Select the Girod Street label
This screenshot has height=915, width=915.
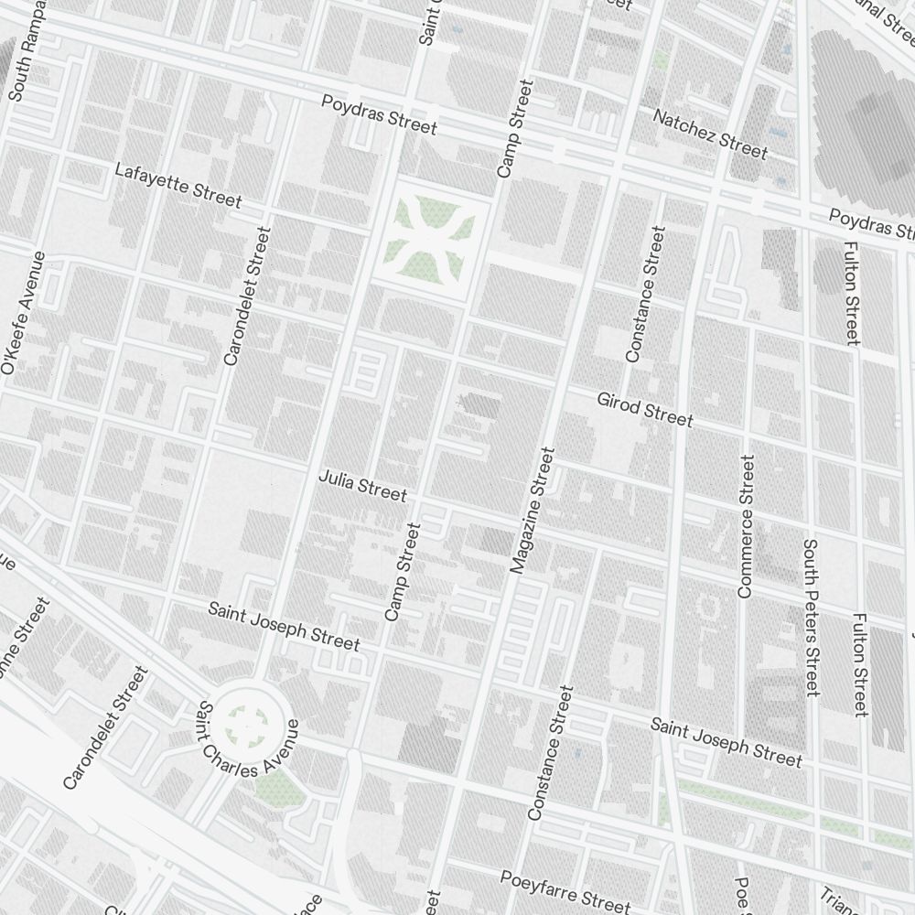coord(645,409)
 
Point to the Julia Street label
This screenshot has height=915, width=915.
coord(362,486)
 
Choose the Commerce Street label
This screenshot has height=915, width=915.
coord(747,527)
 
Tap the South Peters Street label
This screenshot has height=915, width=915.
coord(810,617)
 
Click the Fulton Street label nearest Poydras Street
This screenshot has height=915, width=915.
coord(852,293)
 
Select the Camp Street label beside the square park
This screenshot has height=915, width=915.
coord(513,128)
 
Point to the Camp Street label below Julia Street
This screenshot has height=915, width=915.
coord(404,572)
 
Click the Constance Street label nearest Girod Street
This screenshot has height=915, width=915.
coord(642,294)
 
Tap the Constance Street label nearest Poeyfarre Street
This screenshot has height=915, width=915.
coord(551,753)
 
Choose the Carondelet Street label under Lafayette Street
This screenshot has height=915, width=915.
coord(246,296)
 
